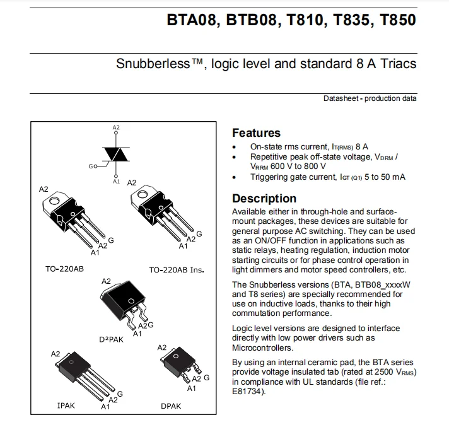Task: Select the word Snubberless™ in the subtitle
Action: click(158, 64)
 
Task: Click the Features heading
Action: click(256, 133)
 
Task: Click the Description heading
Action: click(264, 199)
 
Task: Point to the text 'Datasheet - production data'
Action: click(370, 98)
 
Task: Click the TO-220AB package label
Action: click(64, 269)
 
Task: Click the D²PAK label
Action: click(112, 339)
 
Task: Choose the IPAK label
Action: click(66, 406)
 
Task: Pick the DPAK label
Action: click(171, 406)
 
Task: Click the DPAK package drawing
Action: click(178, 365)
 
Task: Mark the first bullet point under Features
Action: click(235, 146)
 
